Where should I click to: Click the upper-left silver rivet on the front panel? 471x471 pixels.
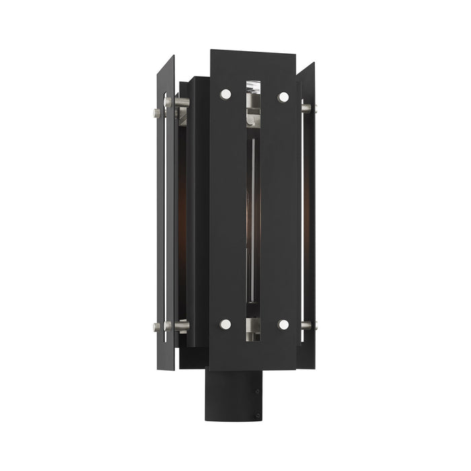point(225,94)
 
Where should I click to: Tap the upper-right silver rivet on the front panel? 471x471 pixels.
point(283,97)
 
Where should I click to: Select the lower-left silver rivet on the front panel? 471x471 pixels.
point(225,324)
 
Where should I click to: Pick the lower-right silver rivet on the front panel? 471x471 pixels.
point(283,325)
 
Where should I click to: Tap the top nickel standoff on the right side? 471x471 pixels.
point(307,108)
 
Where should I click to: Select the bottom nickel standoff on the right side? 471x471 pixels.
point(307,326)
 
